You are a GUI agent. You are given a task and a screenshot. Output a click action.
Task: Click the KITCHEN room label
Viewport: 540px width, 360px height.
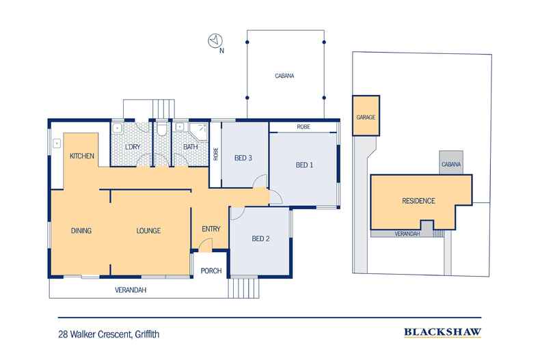coord(81,156)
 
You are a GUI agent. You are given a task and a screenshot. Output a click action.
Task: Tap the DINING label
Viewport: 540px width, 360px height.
coord(81,230)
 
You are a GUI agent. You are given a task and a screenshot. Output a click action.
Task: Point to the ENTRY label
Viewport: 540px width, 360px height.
coord(211,228)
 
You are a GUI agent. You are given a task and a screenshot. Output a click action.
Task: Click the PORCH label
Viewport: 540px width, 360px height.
coord(211,271)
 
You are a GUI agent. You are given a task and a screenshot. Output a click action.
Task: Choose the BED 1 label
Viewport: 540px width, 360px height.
coord(305,165)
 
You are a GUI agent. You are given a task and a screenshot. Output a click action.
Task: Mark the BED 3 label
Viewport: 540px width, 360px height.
coord(244,158)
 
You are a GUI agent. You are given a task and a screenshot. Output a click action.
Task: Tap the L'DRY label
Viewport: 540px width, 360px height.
coord(132,147)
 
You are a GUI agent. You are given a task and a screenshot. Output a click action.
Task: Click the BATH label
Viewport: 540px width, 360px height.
coord(189,147)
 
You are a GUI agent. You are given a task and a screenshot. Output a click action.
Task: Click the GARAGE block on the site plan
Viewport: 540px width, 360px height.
coord(366,117)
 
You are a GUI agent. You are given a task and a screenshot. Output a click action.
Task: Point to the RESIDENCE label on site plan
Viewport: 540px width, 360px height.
coord(418,201)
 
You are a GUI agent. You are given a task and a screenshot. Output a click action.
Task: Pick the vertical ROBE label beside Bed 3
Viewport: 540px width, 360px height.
coord(215,154)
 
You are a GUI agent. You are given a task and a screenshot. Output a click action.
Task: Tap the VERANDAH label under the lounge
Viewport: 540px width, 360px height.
coord(131,290)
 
